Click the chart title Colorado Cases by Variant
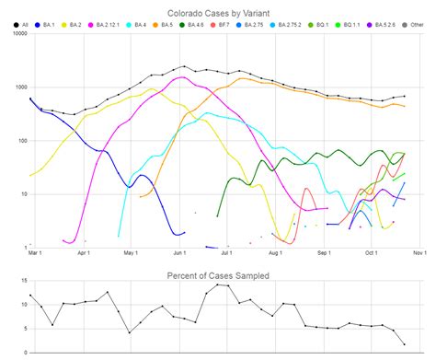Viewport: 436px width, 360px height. point(217,15)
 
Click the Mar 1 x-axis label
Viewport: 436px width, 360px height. point(35,253)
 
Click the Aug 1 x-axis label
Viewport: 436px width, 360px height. point(274,253)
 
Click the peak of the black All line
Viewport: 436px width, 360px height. point(184,66)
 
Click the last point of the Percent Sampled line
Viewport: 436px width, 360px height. point(404,344)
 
